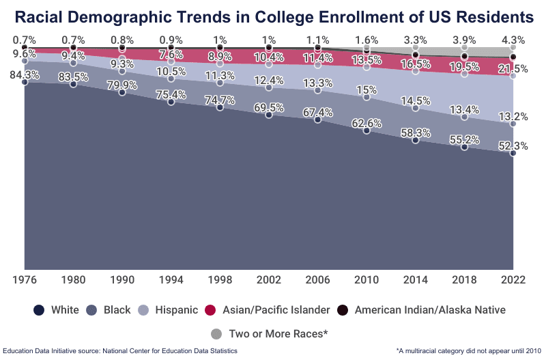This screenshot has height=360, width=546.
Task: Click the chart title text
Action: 273,16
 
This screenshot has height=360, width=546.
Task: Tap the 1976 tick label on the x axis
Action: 25,279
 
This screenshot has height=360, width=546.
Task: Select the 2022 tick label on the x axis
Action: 513,279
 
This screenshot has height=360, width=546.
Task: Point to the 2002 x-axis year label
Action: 268,279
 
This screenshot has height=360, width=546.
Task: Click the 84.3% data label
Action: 24,75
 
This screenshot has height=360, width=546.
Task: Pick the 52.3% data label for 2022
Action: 512,146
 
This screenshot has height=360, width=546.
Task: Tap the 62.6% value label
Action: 366,123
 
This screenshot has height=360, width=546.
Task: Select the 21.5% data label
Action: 512,69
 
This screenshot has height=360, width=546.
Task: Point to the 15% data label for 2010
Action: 367,89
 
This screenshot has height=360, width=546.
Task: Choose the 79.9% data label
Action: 122,85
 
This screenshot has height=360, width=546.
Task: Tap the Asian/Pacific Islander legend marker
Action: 212,310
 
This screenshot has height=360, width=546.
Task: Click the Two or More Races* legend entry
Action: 270,334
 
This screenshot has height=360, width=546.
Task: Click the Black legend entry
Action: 109,310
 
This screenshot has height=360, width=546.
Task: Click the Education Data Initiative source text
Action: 120,350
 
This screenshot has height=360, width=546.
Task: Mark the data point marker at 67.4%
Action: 317,120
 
